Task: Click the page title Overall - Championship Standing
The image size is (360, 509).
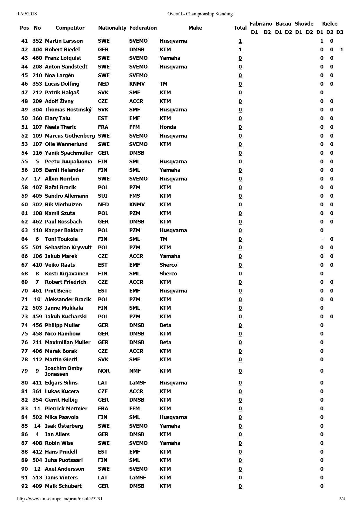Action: pyautogui.click(x=200, y=14)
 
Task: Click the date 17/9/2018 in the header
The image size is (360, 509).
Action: pyautogui.click(x=27, y=14)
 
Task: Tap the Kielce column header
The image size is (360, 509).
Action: pyautogui.click(x=330, y=24)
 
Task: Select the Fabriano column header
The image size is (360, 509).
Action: pyautogui.click(x=261, y=24)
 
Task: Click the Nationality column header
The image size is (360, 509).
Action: pyautogui.click(x=112, y=28)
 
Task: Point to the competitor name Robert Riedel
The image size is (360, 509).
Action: pyautogui.click(x=62, y=50)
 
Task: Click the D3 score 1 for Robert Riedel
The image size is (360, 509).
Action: pyautogui.click(x=342, y=50)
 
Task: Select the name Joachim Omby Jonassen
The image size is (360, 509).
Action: pyautogui.click(x=64, y=371)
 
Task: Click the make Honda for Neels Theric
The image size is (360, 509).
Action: pyautogui.click(x=168, y=127)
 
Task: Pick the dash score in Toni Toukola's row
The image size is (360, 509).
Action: pyautogui.click(x=322, y=239)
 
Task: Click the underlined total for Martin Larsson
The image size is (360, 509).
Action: pyautogui.click(x=240, y=41)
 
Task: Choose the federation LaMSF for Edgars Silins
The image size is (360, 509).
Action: pyautogui.click(x=137, y=383)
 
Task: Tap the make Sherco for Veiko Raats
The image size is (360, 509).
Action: pyautogui.click(x=168, y=265)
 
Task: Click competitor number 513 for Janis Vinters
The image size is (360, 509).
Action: pyautogui.click(x=37, y=478)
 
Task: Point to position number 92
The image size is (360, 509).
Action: pyautogui.click(x=25, y=486)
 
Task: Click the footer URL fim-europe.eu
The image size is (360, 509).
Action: pyautogui.click(x=60, y=499)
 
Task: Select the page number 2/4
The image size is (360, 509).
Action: pyautogui.click(x=342, y=499)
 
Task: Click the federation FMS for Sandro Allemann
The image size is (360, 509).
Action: pyautogui.click(x=134, y=196)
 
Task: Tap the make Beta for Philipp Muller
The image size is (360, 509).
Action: pyautogui.click(x=165, y=325)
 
